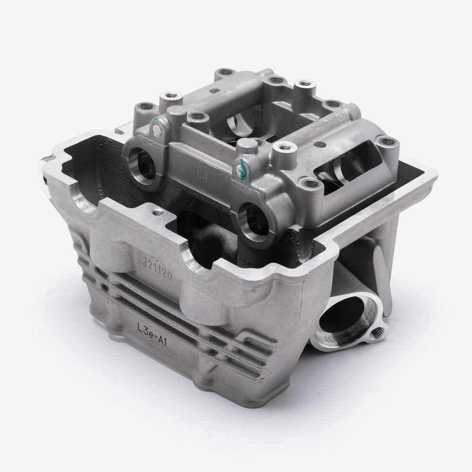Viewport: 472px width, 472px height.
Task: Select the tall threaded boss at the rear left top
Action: click(x=166, y=99)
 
